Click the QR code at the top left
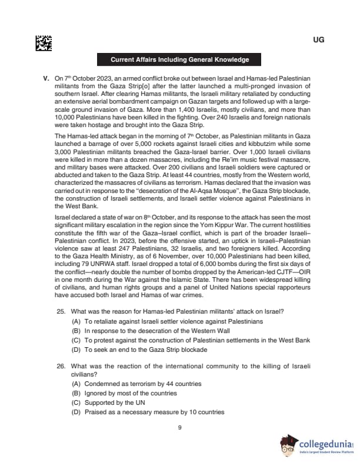point(44,43)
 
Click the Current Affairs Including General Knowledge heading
point(179,60)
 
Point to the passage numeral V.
point(46,78)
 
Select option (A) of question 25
point(167,322)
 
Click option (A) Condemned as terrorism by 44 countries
point(136,384)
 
